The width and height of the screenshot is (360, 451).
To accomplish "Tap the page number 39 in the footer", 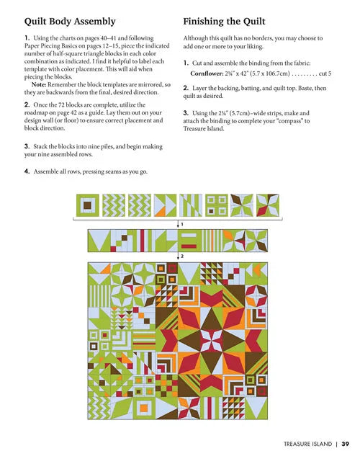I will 346,424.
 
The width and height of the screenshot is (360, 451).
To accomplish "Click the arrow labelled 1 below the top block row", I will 179,224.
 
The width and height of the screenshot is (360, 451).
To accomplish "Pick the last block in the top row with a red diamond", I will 269,207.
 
